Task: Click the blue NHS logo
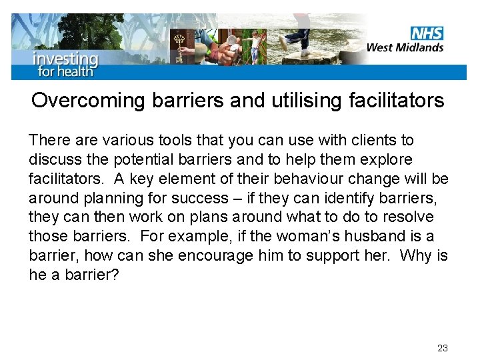point(427,33)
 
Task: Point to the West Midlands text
point(405,47)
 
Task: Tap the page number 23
point(443,348)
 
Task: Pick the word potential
point(136,160)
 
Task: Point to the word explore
point(387,160)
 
